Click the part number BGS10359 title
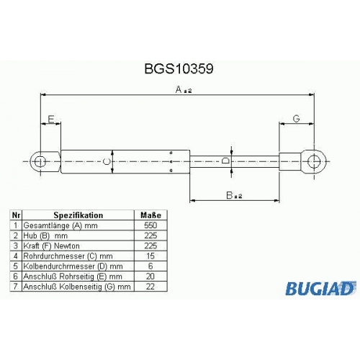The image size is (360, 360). click(x=179, y=68)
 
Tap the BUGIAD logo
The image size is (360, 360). click(x=320, y=288)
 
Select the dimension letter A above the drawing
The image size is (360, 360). click(x=179, y=89)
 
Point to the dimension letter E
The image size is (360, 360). click(x=51, y=119)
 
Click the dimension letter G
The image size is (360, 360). click(x=297, y=119)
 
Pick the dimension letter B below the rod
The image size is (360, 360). click(x=230, y=195)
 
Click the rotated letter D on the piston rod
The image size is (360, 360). click(x=225, y=161)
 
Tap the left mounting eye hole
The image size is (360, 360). click(x=40, y=161)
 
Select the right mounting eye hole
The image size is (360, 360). click(x=314, y=161)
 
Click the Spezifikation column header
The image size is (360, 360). click(x=78, y=215)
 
